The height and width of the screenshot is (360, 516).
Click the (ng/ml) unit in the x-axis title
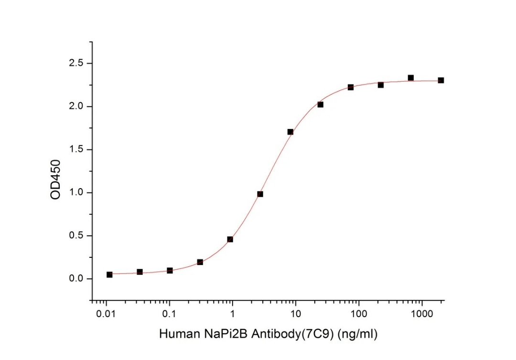click(358, 334)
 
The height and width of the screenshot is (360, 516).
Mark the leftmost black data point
click(109, 275)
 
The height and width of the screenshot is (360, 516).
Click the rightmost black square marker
click(441, 80)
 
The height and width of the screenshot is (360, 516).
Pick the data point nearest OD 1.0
click(260, 194)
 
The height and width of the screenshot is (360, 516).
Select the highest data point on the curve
click(410, 78)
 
